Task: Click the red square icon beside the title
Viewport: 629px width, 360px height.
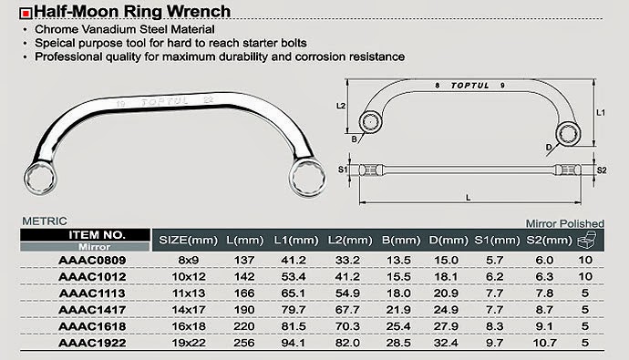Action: click(26, 14)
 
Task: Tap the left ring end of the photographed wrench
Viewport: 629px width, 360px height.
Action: click(40, 179)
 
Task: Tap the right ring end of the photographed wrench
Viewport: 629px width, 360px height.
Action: click(307, 178)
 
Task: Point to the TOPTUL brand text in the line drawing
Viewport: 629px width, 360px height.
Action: click(469, 86)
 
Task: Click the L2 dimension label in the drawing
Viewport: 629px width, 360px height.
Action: click(341, 106)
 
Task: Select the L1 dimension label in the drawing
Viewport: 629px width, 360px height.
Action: click(601, 113)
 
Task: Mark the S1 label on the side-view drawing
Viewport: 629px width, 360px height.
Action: click(343, 170)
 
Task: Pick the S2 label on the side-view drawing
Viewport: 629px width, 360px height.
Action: click(602, 170)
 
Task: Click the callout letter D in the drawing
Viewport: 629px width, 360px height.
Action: click(549, 148)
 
